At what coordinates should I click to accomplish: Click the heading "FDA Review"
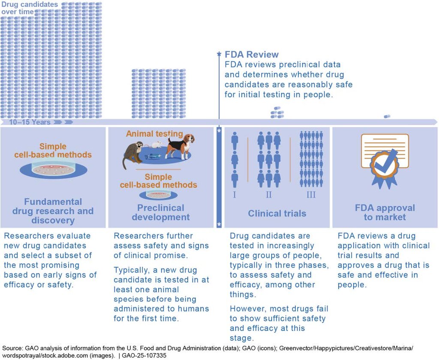[x=252, y=54]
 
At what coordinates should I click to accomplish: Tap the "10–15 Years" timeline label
[x=30, y=122]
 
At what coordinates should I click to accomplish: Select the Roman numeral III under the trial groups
[x=311, y=195]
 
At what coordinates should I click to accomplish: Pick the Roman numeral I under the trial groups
[x=235, y=195]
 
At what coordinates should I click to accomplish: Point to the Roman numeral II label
[x=269, y=195]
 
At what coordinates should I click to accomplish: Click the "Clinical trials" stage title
[x=277, y=213]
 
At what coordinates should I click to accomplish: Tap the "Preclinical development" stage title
[x=161, y=213]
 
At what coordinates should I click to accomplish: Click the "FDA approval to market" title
[x=385, y=213]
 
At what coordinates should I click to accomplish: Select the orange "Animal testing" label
[x=154, y=134]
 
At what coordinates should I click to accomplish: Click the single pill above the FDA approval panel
[x=387, y=116]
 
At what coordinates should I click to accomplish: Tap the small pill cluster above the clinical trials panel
[x=277, y=112]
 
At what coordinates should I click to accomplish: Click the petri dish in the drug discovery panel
[x=54, y=168]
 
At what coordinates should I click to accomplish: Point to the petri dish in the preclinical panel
[x=158, y=195]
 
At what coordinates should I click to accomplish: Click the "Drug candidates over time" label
[x=30, y=8]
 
